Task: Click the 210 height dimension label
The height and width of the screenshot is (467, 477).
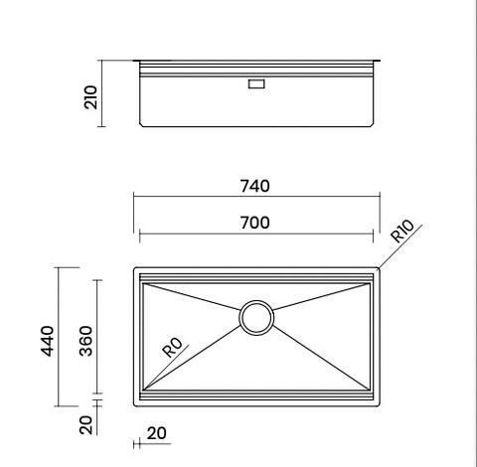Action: [x=91, y=96]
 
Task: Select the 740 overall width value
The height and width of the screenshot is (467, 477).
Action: [x=254, y=186]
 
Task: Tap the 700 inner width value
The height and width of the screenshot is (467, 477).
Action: [x=254, y=223]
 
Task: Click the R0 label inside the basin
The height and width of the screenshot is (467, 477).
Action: [x=171, y=347]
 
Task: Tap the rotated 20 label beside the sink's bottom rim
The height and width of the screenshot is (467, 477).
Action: [x=85, y=424]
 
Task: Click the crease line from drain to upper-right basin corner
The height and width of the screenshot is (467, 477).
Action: [x=318, y=299]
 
